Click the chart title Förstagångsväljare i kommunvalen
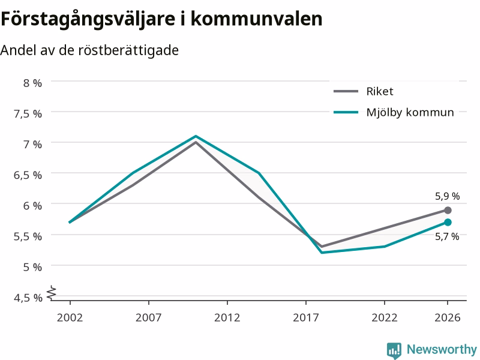[x=161, y=20]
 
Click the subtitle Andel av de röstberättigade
[x=89, y=50]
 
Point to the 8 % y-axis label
[x=32, y=83]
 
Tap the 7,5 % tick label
[x=28, y=113]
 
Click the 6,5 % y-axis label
[x=28, y=175]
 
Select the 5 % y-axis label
[x=32, y=267]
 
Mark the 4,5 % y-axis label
[x=28, y=298]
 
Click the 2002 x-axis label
[x=70, y=317]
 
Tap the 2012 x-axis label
[x=227, y=317]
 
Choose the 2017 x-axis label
[x=306, y=317]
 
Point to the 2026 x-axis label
[x=448, y=317]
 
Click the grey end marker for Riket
[x=448, y=211]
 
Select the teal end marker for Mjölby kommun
[x=448, y=222]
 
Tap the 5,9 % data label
[x=448, y=196]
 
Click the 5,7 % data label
[x=447, y=236]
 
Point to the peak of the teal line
[x=196, y=136]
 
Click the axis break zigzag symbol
[x=52, y=292]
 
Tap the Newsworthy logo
[x=432, y=350]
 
